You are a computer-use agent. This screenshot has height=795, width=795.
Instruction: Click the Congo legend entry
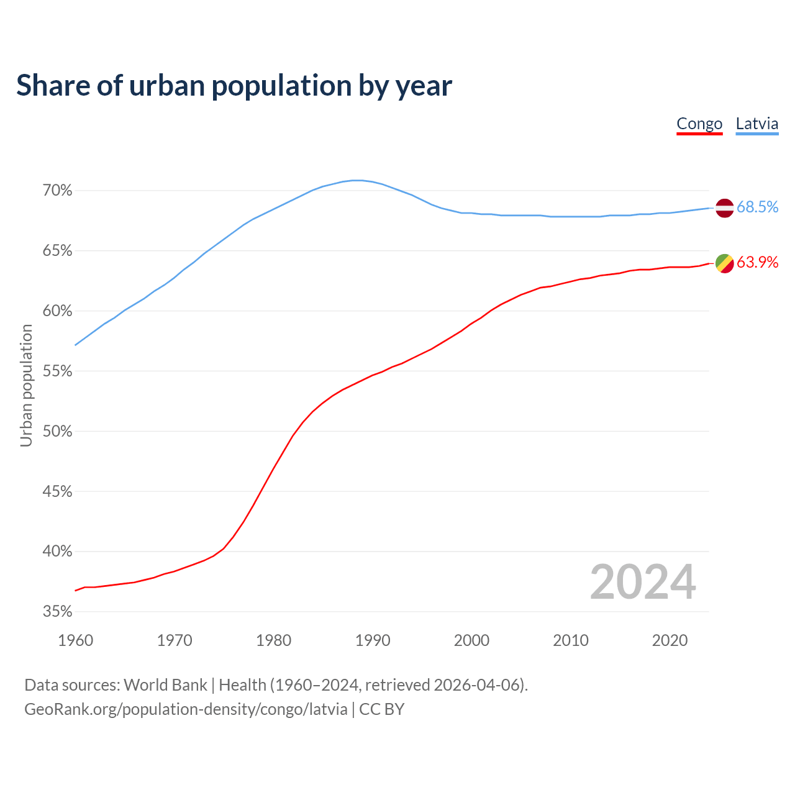tap(699, 124)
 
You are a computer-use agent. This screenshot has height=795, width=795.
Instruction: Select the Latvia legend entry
tap(756, 124)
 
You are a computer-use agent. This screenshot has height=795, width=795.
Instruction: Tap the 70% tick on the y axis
tap(57, 191)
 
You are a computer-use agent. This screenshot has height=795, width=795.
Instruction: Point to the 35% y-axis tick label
tap(57, 612)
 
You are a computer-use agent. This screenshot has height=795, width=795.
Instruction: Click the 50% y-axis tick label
tap(57, 431)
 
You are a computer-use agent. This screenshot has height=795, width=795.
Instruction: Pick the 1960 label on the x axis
tap(76, 640)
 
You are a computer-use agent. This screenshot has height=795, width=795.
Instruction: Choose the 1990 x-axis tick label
tap(373, 640)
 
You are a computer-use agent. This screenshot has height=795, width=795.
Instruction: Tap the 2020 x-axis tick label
tap(670, 640)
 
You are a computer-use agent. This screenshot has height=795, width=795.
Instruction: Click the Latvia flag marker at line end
tap(725, 208)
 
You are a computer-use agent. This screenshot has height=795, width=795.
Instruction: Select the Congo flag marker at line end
tap(725, 263)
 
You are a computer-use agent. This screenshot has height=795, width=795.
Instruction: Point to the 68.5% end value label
tap(757, 207)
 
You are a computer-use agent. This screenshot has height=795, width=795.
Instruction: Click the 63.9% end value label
tap(757, 263)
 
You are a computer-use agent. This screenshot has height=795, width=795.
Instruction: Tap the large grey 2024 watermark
tap(643, 582)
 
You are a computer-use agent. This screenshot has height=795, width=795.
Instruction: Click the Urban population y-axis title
tap(26, 385)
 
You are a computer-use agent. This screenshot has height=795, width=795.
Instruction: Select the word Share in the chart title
tap(52, 86)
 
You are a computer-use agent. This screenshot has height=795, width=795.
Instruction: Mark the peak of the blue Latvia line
tap(357, 180)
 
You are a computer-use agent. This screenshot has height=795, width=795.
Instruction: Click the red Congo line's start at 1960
tap(76, 590)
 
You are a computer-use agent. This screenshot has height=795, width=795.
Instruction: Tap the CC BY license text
tap(382, 709)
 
